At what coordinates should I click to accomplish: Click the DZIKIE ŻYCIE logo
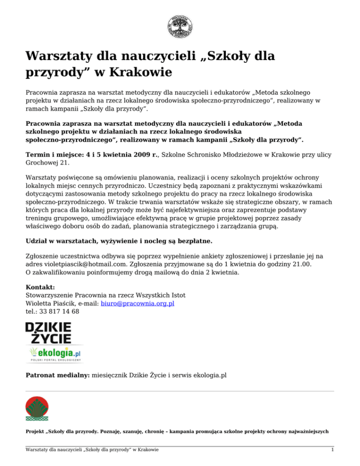click(x=48, y=332)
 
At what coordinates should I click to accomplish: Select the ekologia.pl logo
click(x=53, y=352)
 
